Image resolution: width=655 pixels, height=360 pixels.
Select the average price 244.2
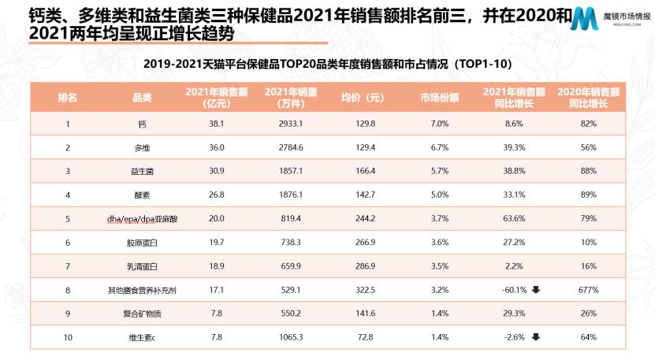pos(362,219)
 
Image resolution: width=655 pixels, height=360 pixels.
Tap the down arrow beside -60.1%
pos(535,290)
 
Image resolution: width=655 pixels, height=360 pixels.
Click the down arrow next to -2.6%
pos(535,337)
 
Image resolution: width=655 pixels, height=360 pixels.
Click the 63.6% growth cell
pos(513,219)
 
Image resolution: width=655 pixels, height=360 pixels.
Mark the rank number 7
pos(68,266)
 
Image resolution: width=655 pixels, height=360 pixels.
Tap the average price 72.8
pos(362,338)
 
